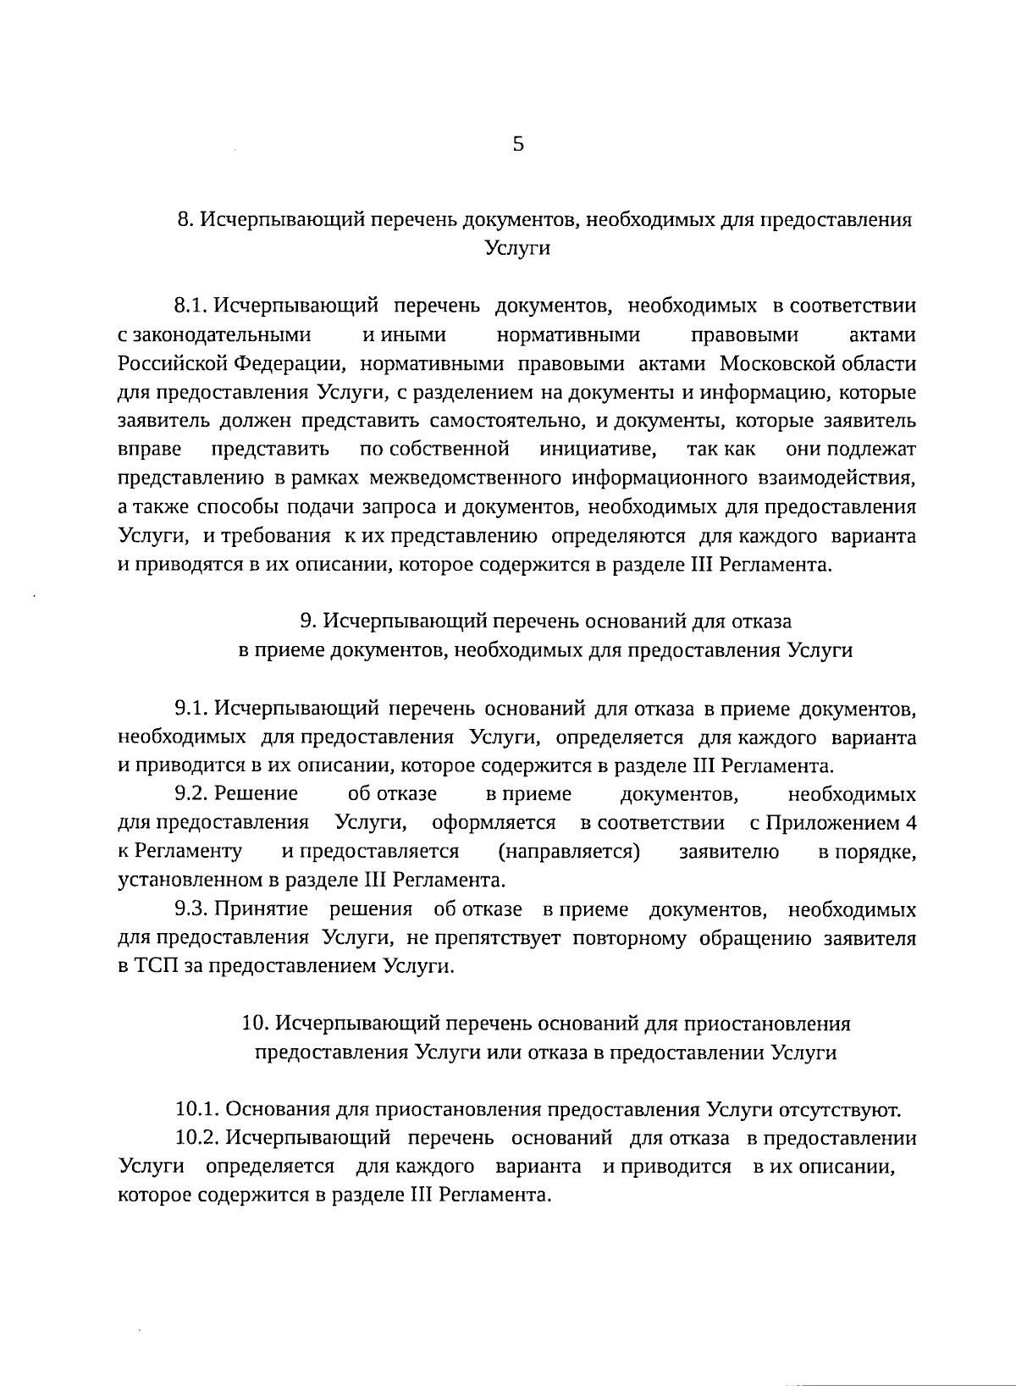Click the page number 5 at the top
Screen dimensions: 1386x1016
pyautogui.click(x=518, y=145)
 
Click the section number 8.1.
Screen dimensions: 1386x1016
pyautogui.click(x=191, y=305)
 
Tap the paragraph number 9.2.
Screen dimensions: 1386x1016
pyautogui.click(x=191, y=794)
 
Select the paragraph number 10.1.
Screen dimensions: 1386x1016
pyautogui.click(x=196, y=1109)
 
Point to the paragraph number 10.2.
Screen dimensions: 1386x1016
pyautogui.click(x=196, y=1138)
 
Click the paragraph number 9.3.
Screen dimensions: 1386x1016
pyautogui.click(x=191, y=909)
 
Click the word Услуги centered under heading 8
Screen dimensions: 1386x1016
pyautogui.click(x=517, y=249)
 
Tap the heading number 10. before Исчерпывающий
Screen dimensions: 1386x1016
pyautogui.click(x=255, y=1024)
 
